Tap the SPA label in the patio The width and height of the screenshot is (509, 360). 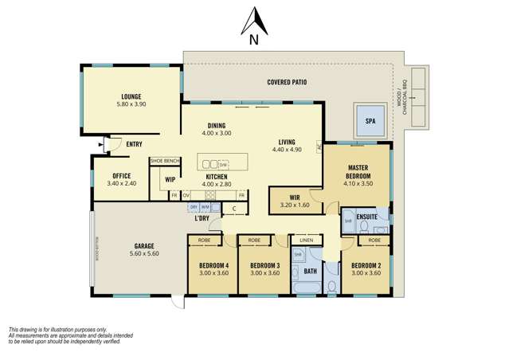click(x=369, y=122)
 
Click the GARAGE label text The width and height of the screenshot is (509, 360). click(x=144, y=246)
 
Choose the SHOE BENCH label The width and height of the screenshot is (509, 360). click(x=165, y=161)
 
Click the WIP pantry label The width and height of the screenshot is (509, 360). click(x=170, y=179)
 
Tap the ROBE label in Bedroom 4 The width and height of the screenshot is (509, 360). click(x=206, y=240)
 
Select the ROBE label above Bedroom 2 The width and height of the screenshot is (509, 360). click(x=374, y=240)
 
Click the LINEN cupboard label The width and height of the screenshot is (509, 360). click(x=305, y=240)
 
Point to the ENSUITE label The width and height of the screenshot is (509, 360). click(x=366, y=216)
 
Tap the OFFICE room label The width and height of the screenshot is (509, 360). click(x=121, y=175)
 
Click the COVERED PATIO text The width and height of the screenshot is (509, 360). click(x=286, y=82)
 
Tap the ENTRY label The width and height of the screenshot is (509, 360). click(x=135, y=144)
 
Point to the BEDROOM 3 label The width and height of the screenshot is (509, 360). click(x=264, y=265)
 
